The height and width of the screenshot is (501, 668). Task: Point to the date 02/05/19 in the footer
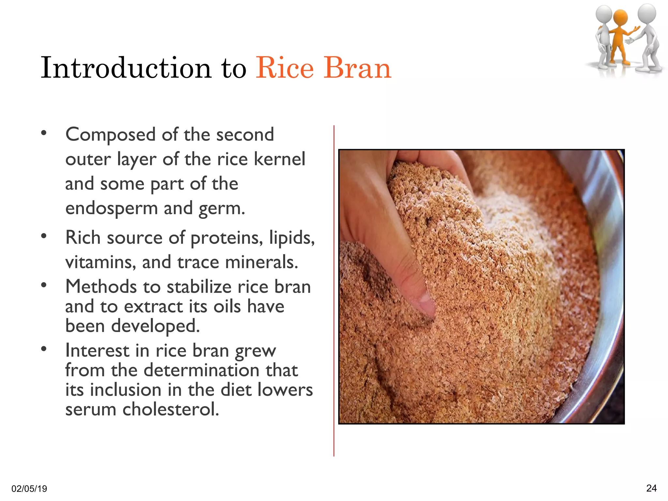(x=29, y=489)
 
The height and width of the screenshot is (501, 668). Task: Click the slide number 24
(x=651, y=488)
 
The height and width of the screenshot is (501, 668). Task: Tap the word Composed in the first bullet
(x=110, y=135)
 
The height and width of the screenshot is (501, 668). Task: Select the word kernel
(x=279, y=159)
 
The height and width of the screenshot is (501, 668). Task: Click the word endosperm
(x=111, y=208)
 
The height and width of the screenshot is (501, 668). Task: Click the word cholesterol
(x=171, y=409)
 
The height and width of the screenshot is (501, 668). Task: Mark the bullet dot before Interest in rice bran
(x=44, y=349)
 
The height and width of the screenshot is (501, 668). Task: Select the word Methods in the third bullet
(x=101, y=287)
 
